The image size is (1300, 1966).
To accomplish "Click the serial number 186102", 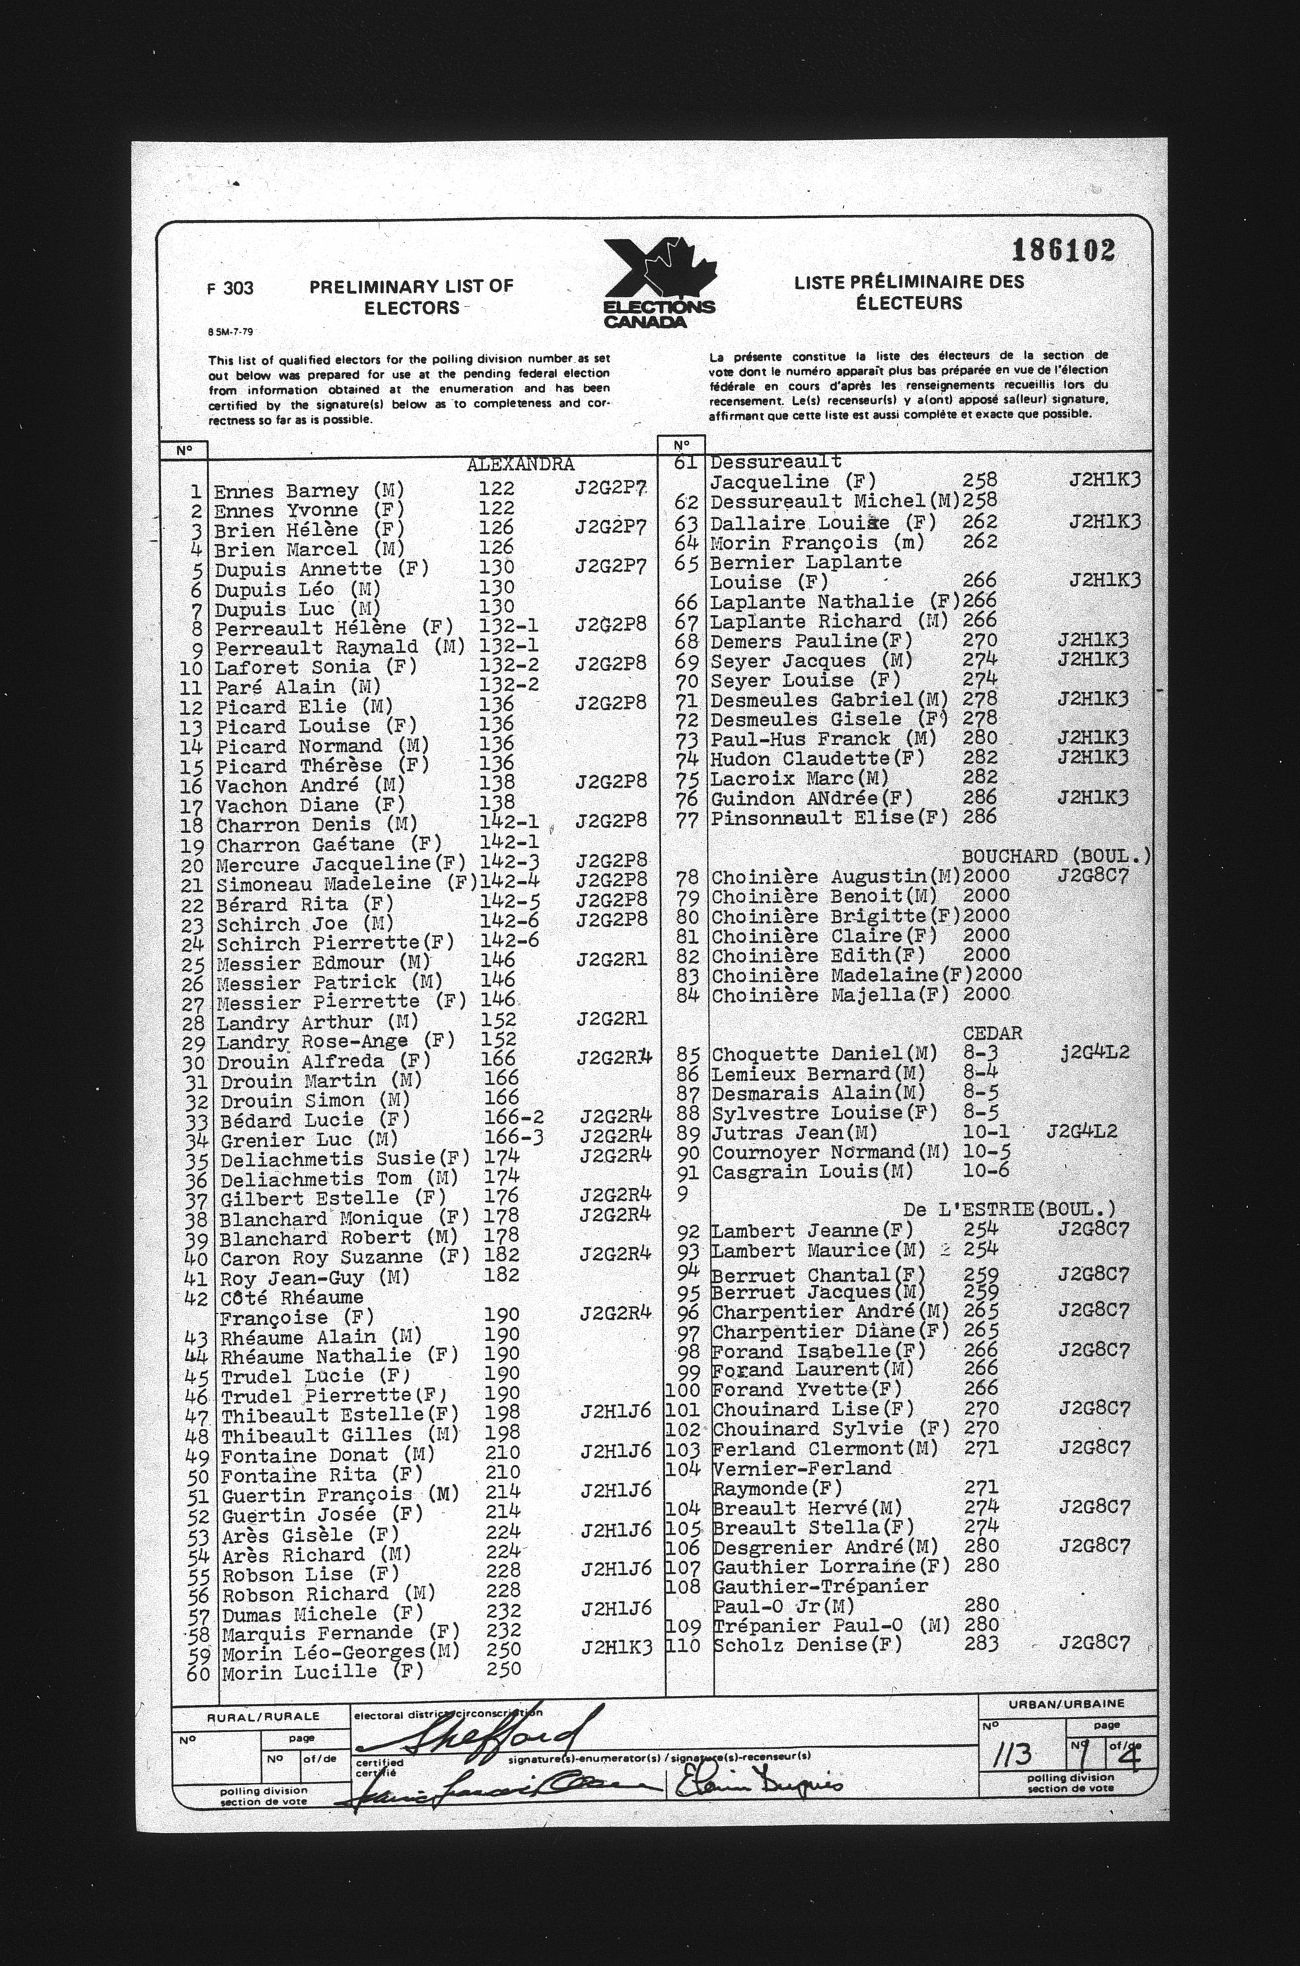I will [1063, 250].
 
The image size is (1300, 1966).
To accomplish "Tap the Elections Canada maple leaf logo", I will [659, 283].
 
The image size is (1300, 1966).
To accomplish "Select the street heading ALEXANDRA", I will [520, 464].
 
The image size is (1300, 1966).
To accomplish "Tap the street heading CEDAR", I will [992, 1033].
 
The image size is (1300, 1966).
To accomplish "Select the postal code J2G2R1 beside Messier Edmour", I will [611, 960].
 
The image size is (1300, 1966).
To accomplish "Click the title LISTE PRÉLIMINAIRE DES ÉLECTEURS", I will [909, 293].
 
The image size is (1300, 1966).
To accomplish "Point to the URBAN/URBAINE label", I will [1066, 1703].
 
